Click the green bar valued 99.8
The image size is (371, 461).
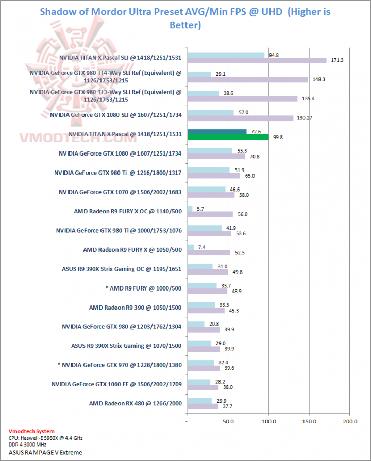[228, 137]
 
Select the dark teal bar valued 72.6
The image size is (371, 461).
[217, 132]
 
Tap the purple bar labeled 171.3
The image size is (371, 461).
[257, 60]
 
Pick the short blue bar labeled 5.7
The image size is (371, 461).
[190, 209]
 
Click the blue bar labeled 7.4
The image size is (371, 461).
[191, 247]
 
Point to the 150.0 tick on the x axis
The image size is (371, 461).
[309, 421]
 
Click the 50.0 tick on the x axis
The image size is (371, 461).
[228, 421]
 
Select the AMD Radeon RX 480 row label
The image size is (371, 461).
[136, 403]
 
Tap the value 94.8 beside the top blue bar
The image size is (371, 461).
[273, 55]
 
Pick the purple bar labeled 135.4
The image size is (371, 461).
[242, 99]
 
